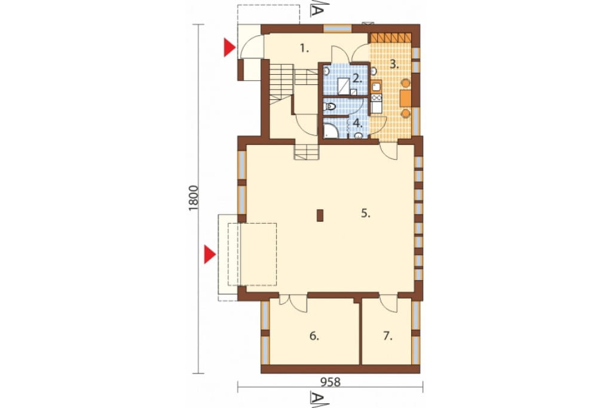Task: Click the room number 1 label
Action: point(304,49)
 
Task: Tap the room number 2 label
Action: point(356,78)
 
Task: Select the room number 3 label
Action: point(394,65)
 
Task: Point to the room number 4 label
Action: point(357,123)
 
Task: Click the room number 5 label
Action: point(365,214)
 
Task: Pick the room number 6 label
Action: point(314,336)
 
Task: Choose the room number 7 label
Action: point(387,336)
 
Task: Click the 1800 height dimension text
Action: point(194,198)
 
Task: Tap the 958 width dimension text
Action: point(330,382)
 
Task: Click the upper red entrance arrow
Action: point(229,48)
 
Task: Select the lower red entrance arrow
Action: point(210,255)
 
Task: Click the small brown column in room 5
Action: point(320,216)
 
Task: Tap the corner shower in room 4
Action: point(331,131)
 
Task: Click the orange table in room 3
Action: point(406,98)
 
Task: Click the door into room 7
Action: point(388,302)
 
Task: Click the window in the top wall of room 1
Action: point(338,29)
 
